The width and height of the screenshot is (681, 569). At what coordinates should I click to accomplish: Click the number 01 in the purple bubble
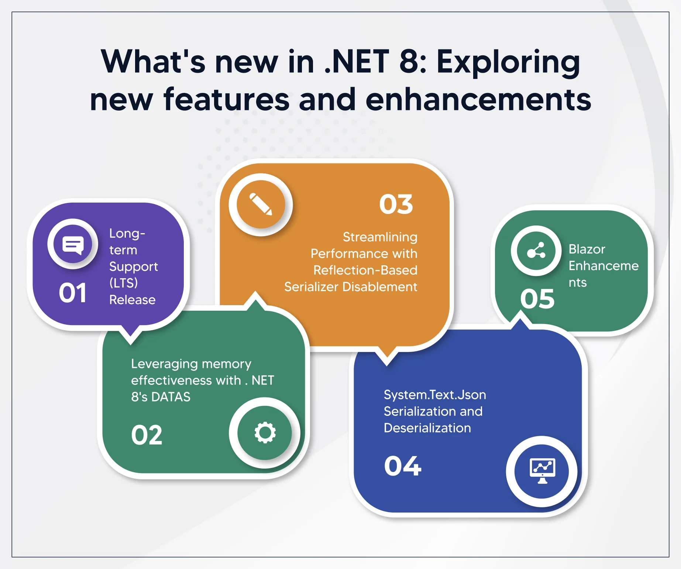(x=72, y=293)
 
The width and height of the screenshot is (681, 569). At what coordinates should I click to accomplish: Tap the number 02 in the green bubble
(x=147, y=435)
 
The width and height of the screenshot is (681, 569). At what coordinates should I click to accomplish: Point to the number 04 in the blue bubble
(x=403, y=466)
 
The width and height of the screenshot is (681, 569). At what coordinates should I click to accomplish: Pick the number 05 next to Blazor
(x=537, y=299)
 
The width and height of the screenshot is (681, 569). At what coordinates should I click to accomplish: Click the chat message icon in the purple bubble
(x=73, y=244)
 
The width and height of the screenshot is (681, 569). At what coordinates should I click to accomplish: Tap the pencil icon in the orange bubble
(x=261, y=204)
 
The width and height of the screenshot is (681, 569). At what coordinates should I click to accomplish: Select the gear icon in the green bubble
(x=265, y=432)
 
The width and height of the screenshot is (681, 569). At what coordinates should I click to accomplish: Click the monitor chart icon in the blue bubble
(x=542, y=471)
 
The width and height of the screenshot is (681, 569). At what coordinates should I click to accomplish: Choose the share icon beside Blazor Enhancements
(x=536, y=251)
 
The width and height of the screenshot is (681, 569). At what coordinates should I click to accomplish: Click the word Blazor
(x=587, y=249)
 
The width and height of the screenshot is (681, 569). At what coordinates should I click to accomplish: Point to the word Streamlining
(x=380, y=237)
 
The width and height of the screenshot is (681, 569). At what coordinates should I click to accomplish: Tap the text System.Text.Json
(x=435, y=395)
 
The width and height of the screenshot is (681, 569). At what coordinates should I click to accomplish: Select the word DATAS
(x=171, y=397)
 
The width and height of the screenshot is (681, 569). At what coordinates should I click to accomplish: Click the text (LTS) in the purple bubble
(x=123, y=283)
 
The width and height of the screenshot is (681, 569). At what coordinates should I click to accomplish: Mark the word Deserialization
(x=427, y=428)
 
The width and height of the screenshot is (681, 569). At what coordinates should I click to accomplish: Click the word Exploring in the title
(x=508, y=62)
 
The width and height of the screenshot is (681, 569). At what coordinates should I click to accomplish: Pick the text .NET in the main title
(x=357, y=62)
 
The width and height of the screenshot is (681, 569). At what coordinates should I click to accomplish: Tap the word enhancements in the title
(x=478, y=100)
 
